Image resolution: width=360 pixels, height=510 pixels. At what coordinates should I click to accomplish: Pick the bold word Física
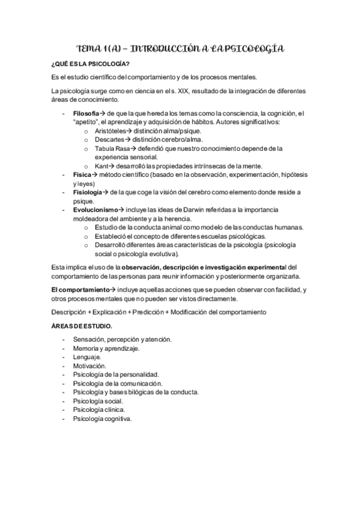tap(82, 174)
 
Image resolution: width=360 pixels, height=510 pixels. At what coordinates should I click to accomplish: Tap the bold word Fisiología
tap(88, 192)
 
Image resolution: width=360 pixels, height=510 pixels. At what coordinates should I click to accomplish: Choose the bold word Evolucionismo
tap(96, 209)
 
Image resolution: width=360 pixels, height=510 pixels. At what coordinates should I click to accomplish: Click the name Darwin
tap(180, 209)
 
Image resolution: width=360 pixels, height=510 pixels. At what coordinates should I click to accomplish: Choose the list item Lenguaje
tap(87, 357)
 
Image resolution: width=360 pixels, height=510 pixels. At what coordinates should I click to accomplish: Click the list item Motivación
tap(90, 366)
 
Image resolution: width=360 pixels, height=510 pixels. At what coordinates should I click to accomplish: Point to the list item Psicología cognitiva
tap(102, 419)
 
